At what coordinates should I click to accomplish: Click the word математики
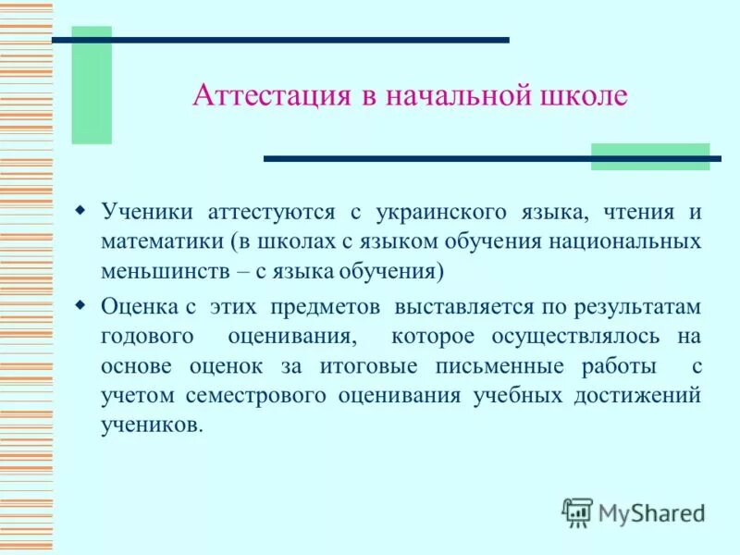[163, 242]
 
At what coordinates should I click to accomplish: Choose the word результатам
[637, 305]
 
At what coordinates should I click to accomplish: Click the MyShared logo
[633, 512]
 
